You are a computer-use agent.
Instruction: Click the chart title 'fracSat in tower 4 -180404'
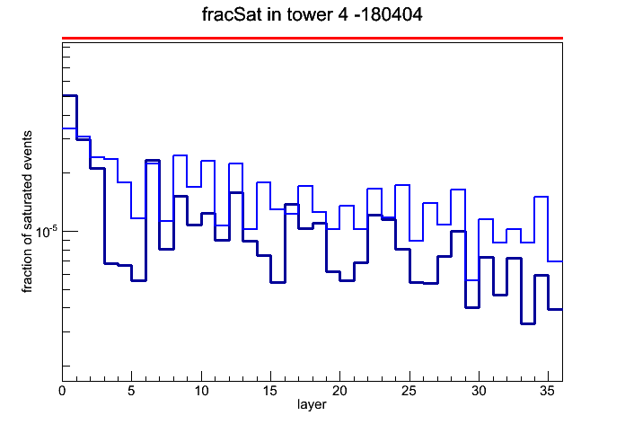312,14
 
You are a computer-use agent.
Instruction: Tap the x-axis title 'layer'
312,404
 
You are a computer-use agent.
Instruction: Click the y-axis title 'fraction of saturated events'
27,211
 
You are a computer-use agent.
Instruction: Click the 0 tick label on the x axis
62,391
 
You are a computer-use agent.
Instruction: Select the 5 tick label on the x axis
131,391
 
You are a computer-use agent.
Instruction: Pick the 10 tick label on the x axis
201,391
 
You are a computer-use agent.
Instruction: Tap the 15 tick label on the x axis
270,391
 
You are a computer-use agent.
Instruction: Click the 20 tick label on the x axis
339,391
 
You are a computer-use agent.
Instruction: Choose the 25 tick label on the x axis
409,391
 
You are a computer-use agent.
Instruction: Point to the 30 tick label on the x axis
479,391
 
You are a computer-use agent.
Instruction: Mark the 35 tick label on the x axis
548,391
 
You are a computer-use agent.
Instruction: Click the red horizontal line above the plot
312,39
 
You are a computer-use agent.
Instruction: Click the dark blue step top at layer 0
69,96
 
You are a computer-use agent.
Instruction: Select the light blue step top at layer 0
69,128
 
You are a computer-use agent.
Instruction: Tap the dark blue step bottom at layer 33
528,323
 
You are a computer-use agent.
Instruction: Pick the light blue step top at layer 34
541,197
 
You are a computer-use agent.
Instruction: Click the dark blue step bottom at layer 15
277,282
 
